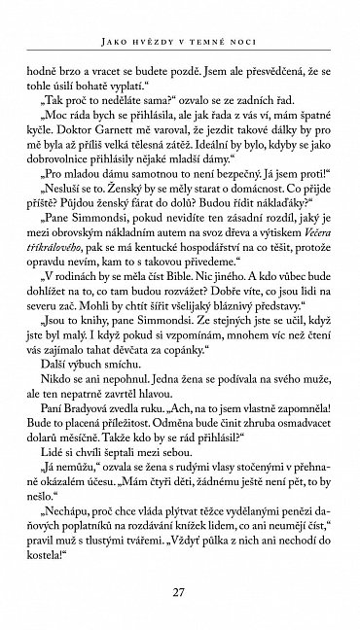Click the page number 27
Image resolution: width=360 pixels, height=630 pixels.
tap(179, 594)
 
